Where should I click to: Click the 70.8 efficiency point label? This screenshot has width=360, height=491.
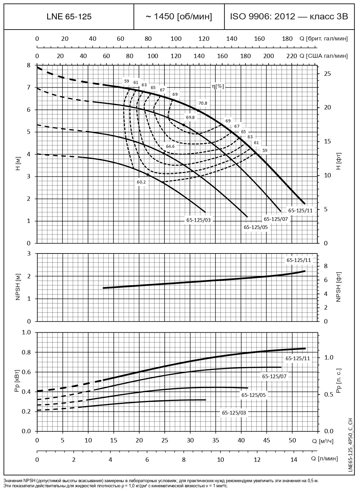coord(203,103)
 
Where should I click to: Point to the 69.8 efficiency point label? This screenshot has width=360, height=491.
coord(190,117)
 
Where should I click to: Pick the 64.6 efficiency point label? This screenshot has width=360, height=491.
coord(170,146)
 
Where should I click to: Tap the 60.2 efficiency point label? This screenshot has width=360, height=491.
coord(141,182)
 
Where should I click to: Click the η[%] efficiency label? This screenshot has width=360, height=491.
coord(218,86)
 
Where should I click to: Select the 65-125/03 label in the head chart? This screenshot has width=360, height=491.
coord(198,220)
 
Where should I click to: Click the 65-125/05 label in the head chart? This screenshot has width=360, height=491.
coord(256,227)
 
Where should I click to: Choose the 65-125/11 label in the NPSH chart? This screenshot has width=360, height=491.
coord(299,260)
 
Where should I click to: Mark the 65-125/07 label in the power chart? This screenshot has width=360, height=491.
coord(274,376)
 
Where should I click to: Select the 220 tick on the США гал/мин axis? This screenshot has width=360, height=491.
coord(292,56)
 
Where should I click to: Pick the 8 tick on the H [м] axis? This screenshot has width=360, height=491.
coord(29,65)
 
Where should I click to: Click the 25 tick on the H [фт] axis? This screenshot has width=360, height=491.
coord(326,74)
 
